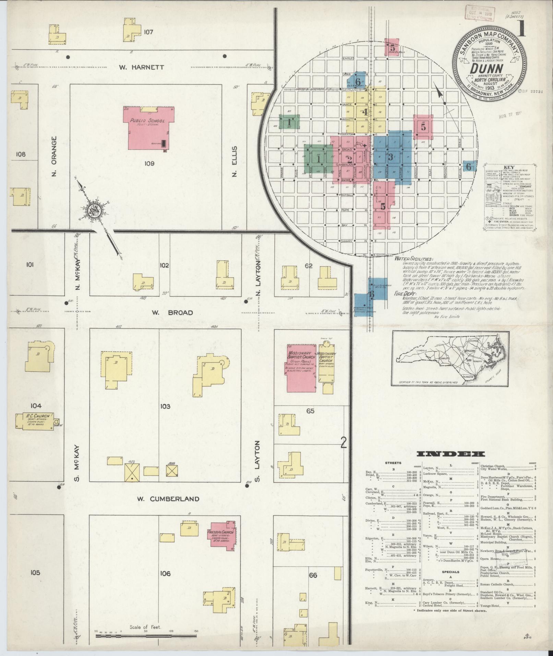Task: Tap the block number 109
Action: (149, 163)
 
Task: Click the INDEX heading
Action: (450, 454)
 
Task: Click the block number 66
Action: (313, 575)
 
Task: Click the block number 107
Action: (148, 32)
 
